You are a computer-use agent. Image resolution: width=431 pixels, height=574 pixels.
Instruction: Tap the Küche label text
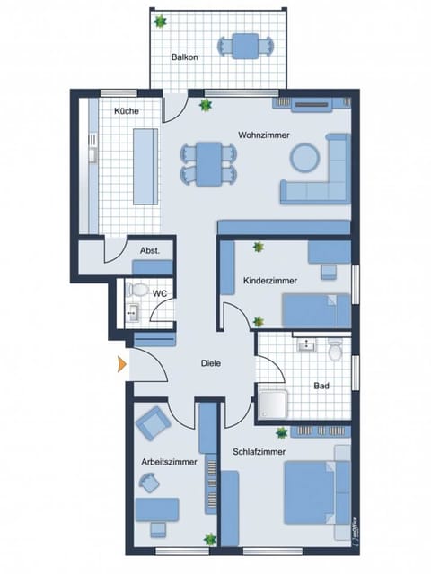(x=125, y=111)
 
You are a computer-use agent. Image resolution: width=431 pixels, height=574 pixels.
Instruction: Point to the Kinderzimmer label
(x=270, y=281)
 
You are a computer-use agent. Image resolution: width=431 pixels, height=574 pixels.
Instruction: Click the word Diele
(x=211, y=363)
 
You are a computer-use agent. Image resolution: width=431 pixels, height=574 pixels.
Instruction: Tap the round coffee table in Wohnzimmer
(x=303, y=159)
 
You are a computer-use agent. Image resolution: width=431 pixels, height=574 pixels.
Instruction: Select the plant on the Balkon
(x=160, y=21)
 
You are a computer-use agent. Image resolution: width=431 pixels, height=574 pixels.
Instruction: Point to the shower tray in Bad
(x=274, y=404)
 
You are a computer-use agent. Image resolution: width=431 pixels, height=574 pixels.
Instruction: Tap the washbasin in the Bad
(x=305, y=345)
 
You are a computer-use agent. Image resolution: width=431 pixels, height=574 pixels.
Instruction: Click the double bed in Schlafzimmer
(x=314, y=491)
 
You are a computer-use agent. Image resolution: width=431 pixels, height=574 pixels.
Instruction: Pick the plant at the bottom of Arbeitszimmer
(x=209, y=539)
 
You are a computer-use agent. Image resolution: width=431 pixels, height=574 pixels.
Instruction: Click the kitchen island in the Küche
(x=144, y=165)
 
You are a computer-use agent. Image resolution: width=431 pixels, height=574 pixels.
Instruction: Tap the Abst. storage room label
(x=150, y=251)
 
